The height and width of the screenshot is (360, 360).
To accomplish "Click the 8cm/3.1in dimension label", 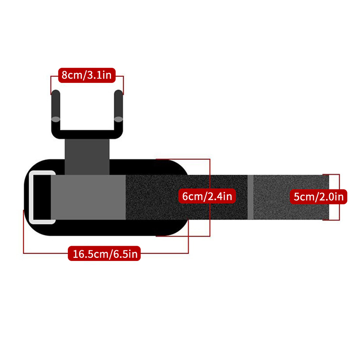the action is pos(87,75).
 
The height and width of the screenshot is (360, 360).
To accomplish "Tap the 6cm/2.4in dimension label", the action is pos(207,196).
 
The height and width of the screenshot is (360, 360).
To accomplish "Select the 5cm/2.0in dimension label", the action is pos(319,197).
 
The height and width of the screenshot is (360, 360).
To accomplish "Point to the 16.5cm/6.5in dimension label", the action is pos(104,253).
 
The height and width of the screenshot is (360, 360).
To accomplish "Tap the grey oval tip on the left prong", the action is pos(56,119).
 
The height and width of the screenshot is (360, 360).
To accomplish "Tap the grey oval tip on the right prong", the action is pos(118,119).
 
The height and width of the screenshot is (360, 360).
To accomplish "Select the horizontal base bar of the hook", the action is pos(87,134).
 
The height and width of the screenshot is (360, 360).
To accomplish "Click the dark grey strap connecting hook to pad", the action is pos(87,157).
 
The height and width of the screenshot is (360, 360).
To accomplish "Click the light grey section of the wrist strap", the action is pos(88,197).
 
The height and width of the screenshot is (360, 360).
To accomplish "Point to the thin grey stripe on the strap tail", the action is pos(251,197).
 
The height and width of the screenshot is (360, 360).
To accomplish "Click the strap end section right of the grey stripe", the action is pos(291,197).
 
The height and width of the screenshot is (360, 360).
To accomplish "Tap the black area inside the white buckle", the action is pos(42,197).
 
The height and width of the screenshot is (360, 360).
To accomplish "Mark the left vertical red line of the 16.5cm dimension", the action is pos(23,231).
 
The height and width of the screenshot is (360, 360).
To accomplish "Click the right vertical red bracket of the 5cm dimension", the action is pos(339,197).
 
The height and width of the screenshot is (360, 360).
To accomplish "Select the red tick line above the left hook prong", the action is pos(51,85).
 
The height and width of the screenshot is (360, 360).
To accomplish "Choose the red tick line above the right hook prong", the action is pos(123,85).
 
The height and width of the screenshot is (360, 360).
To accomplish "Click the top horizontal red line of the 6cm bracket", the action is pos(183,159).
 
